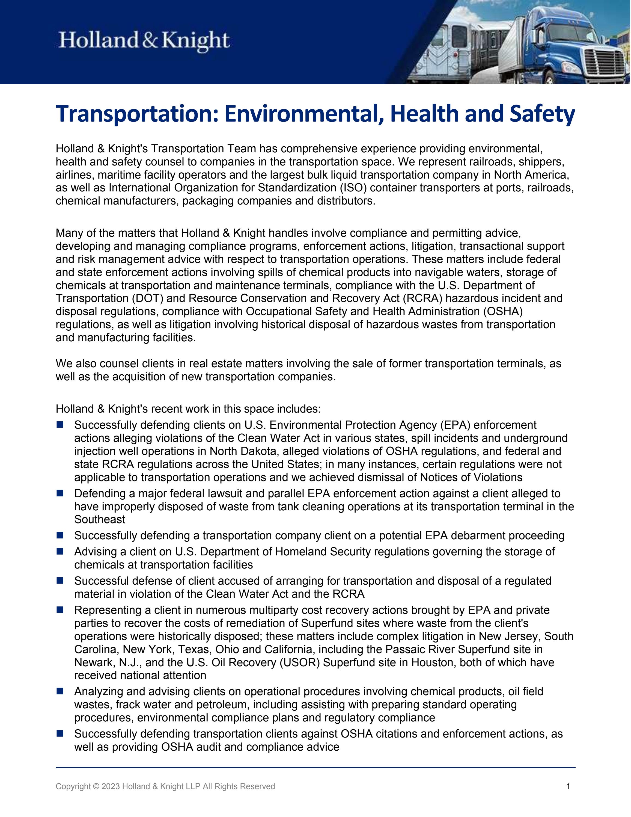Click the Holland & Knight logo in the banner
pyautogui.click(x=144, y=41)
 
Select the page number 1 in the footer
pyautogui.click(x=568, y=786)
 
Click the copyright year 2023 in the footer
pyautogui.click(x=110, y=786)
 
